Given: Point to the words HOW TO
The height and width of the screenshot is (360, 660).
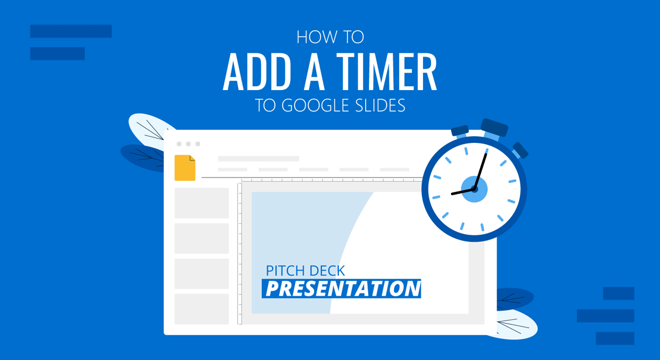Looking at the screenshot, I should pos(330,37).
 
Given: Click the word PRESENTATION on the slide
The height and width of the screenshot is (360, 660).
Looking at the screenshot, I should pos(342,289).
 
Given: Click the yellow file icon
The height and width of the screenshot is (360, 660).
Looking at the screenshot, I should pos(185,168).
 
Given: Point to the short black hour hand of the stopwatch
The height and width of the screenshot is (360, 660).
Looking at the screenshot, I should pos(463,191).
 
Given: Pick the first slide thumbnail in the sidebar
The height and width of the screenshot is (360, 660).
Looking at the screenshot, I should pos(201,203).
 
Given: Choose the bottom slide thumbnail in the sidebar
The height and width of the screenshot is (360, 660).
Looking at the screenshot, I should pos(201,309).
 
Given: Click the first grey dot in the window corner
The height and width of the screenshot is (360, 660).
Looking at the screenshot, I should pos(179,144).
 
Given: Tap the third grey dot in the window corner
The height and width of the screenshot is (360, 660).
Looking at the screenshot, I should pos(197,144).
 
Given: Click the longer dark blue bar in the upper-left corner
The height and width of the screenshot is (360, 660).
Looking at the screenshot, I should pos(71,31).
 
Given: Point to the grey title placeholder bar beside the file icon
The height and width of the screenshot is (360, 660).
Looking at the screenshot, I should pos(258,158).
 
